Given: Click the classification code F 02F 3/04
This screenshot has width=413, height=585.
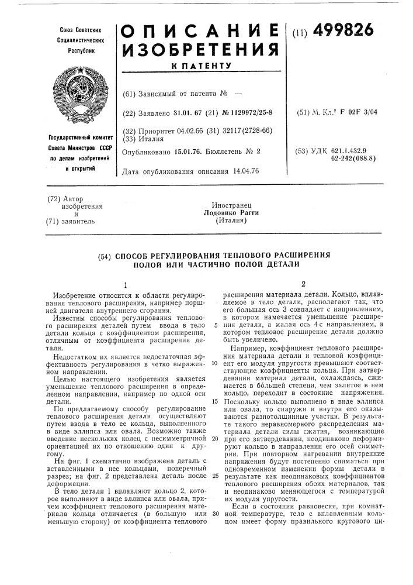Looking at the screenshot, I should pyautogui.click(x=374, y=112).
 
